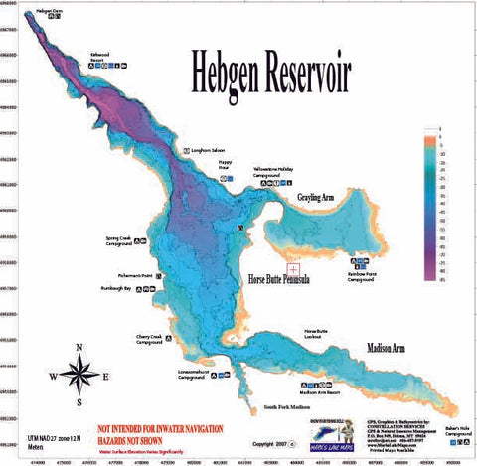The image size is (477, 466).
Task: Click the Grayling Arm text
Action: (x=325, y=198)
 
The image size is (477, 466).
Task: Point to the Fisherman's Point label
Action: (x=131, y=275)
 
